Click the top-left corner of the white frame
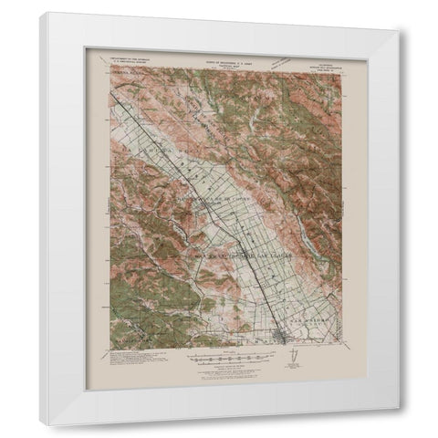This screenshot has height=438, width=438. click(x=41, y=12)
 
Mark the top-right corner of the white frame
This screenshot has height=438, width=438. click(x=398, y=30)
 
